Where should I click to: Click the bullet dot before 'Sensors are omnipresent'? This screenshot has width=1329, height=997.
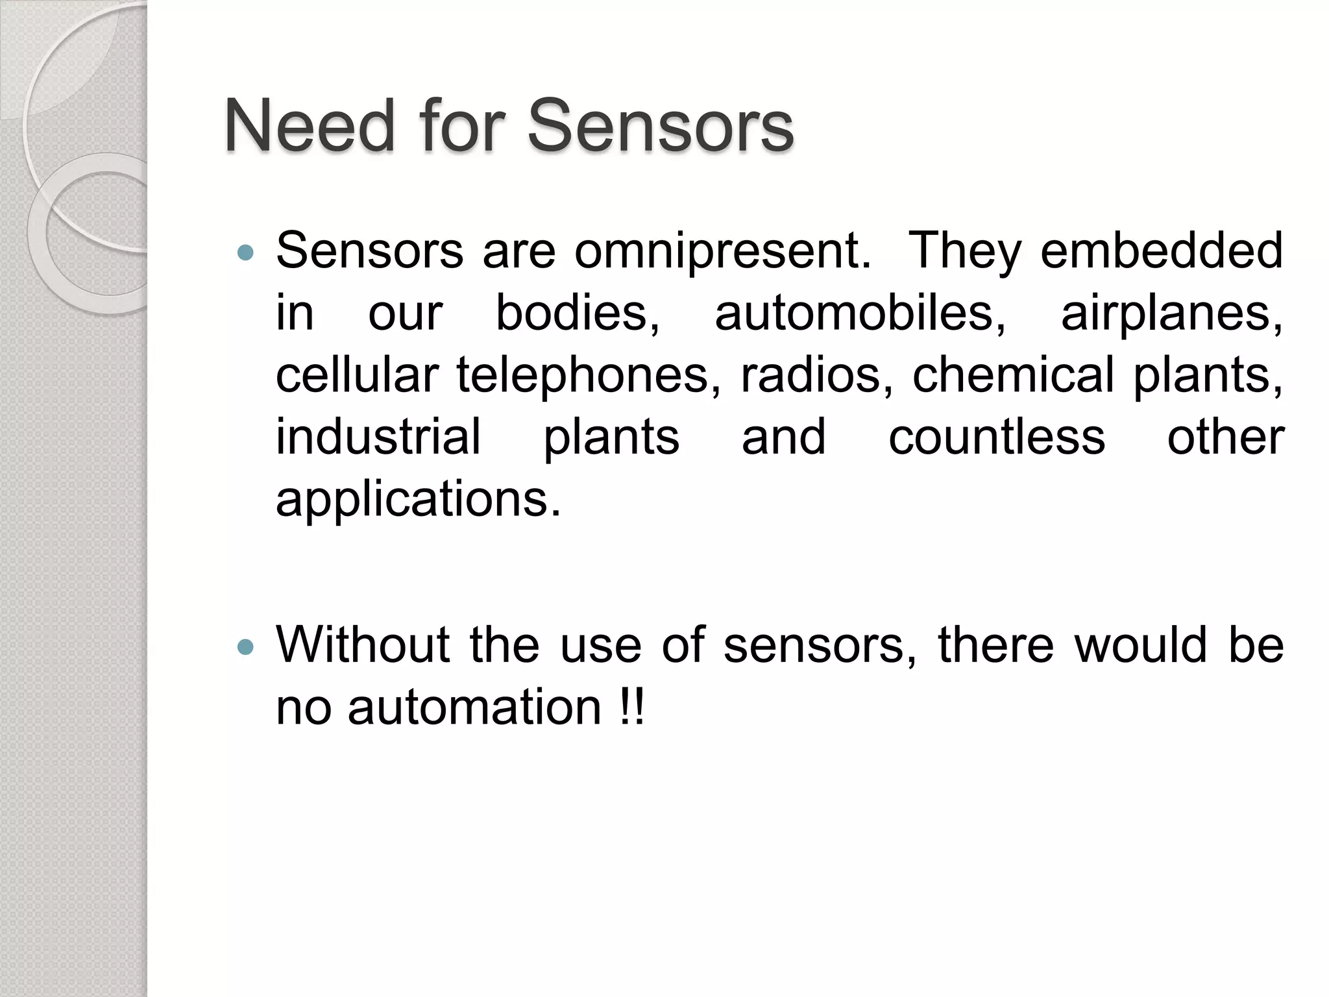click(245, 252)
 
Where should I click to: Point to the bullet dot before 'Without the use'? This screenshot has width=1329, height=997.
click(245, 646)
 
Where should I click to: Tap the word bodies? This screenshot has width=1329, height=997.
click(578, 313)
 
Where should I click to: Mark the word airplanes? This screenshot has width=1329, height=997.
click(1172, 314)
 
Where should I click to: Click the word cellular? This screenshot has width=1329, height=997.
click(357, 375)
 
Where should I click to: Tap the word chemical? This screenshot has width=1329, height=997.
click(1013, 375)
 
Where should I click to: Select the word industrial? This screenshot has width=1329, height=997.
click(378, 436)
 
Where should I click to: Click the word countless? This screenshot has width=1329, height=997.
click(996, 436)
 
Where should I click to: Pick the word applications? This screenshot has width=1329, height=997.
click(418, 500)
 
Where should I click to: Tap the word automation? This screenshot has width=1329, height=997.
click(474, 707)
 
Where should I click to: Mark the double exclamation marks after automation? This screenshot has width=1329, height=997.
click(632, 707)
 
